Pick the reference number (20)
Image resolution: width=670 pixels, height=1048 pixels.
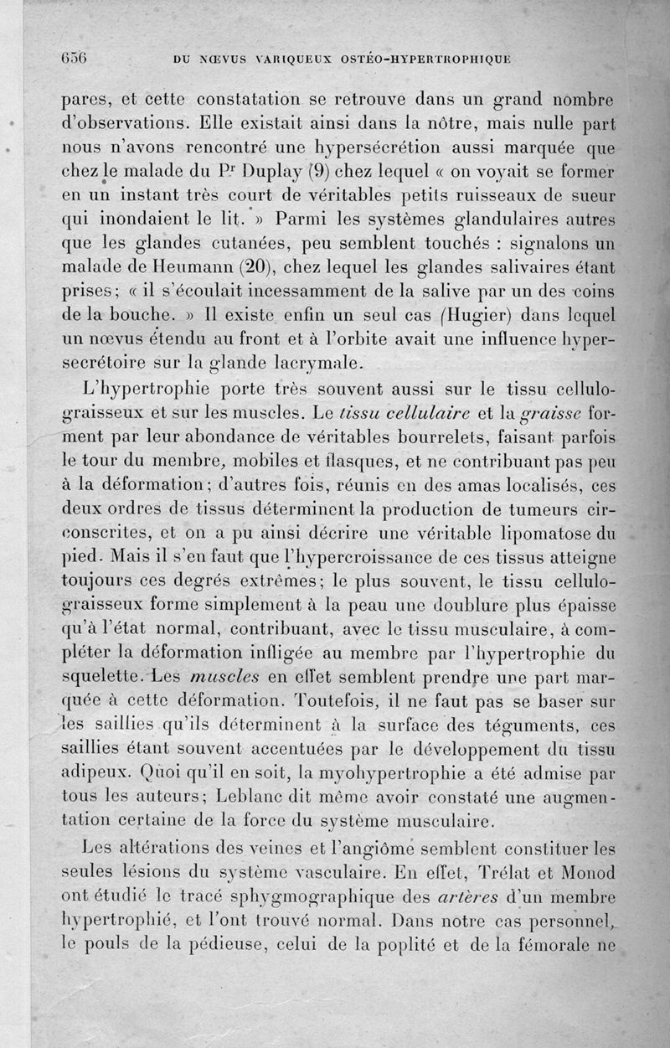click(x=253, y=269)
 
